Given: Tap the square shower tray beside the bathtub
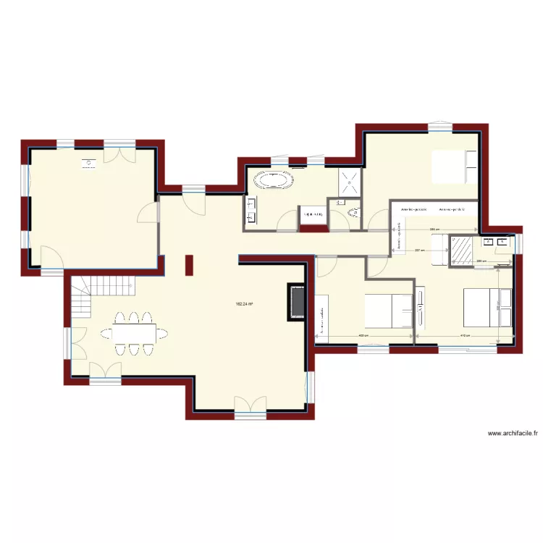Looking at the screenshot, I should pos(349,181).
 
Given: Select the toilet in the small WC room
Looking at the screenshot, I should pos(354,212).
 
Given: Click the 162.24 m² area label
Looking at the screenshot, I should pos(244,305).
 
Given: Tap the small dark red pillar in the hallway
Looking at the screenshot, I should pos(189,265).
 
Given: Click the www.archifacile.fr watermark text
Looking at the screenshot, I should pos(513,434).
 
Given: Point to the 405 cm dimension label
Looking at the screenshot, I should pos(363,337).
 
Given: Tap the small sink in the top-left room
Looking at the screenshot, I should pos(88,164).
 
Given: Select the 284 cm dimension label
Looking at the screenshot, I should pos(434,230).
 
